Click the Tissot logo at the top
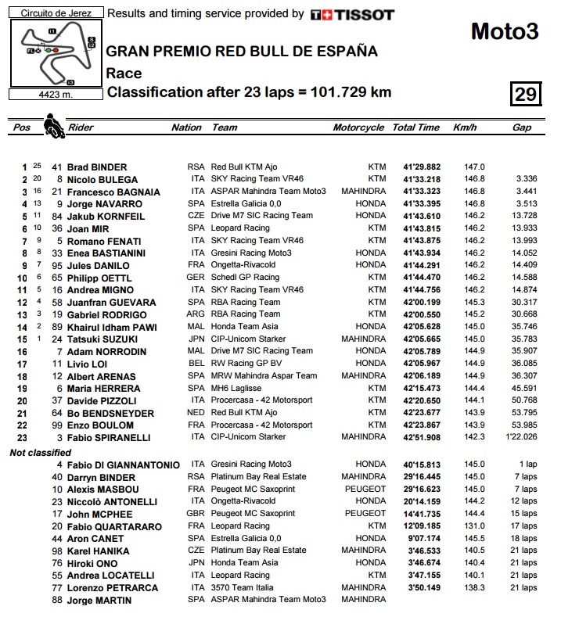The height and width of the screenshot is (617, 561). point(352,15)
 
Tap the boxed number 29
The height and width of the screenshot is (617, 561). point(524,95)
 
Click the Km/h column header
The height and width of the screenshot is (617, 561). point(465,127)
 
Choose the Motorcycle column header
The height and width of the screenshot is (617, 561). point(358,127)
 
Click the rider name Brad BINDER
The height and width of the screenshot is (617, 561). point(97,167)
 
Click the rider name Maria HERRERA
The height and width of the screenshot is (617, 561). point(102,389)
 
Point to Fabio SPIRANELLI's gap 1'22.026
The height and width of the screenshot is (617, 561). point(520,438)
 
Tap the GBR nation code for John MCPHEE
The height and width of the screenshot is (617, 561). point(196,514)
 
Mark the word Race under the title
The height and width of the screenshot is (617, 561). point(124,73)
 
